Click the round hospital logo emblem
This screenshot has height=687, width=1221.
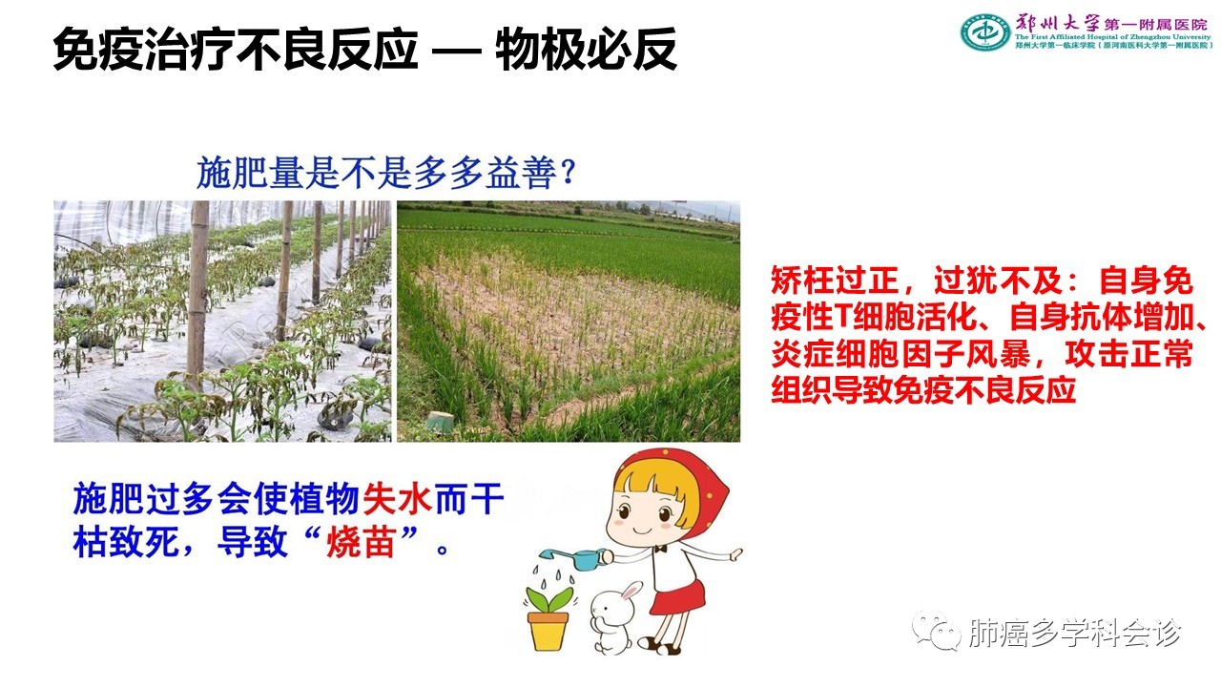[x=985, y=32]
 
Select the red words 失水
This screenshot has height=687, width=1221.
[x=398, y=498]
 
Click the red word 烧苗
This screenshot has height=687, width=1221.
[x=361, y=542]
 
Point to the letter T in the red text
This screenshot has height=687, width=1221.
[x=842, y=317]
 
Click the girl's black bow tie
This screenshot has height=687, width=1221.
[x=661, y=548]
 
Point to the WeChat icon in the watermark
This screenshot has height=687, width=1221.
[x=937, y=632]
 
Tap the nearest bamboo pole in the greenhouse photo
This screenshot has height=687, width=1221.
[x=197, y=295]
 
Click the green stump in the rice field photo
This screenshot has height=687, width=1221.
[x=440, y=423]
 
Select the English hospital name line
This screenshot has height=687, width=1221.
[x=1112, y=37]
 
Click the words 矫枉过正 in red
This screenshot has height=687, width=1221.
[x=835, y=281]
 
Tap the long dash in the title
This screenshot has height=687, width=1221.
[x=456, y=52]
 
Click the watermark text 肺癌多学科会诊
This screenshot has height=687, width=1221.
[x=1075, y=633]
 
